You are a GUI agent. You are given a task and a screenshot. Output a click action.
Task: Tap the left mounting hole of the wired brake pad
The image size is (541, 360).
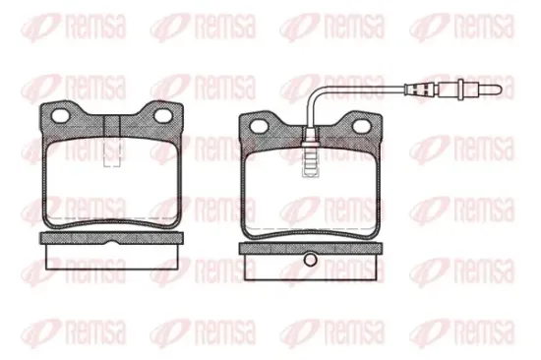pyautogui.click(x=261, y=124)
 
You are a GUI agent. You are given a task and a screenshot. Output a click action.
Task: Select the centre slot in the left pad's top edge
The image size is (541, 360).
pyautogui.click(x=114, y=125)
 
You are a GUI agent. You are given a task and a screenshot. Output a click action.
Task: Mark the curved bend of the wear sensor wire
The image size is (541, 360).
pyautogui.click(x=313, y=94)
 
